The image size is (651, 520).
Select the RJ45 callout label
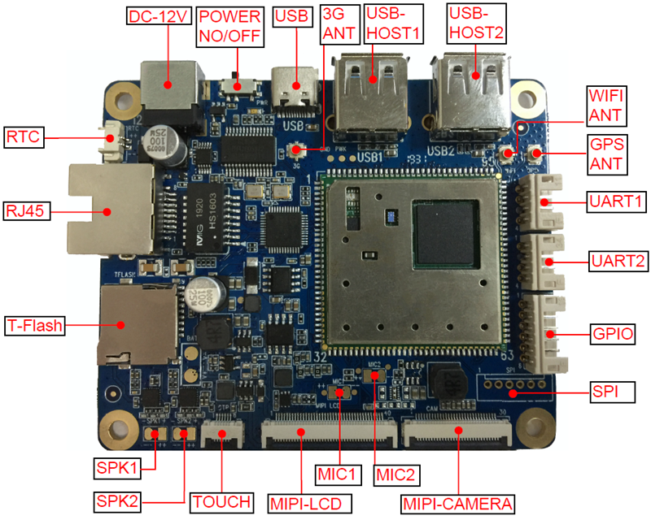click(x=26, y=212)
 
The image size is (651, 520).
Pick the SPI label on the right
click(x=605, y=393)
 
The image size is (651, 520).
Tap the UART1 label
click(x=612, y=201)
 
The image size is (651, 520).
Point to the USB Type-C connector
click(x=295, y=89)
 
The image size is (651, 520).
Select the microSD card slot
click(x=134, y=325)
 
